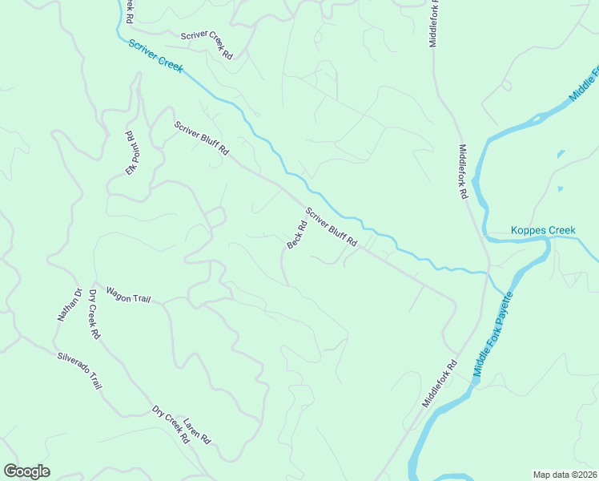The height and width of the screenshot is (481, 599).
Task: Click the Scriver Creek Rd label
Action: click(x=207, y=45)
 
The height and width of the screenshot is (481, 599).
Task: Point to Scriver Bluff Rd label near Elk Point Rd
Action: click(x=202, y=138)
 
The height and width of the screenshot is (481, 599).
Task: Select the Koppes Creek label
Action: click(x=543, y=231)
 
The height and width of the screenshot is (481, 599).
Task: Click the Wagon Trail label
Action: click(x=128, y=297)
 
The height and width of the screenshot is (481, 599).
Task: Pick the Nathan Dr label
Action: click(x=69, y=305)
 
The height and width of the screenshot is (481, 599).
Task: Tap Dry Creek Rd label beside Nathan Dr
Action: click(x=93, y=314)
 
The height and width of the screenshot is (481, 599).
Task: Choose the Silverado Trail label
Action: click(x=79, y=370)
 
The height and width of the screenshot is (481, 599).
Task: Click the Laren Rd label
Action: click(x=196, y=431)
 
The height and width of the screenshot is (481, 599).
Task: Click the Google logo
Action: click(x=26, y=471)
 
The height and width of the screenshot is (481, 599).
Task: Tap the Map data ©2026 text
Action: click(x=564, y=475)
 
